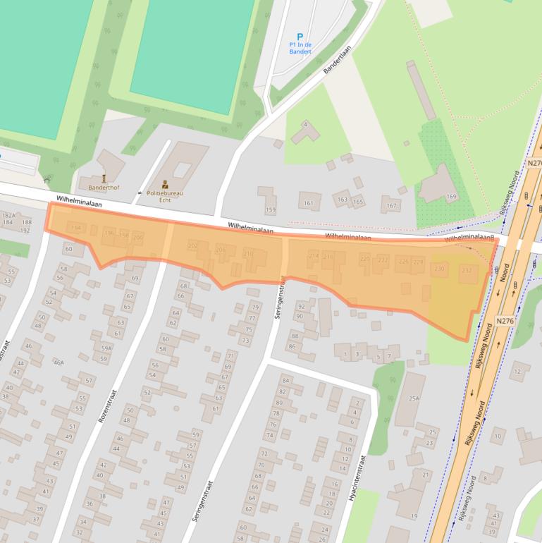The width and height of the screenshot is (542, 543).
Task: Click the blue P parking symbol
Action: (300, 37)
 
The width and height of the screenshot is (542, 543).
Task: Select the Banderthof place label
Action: (104, 188)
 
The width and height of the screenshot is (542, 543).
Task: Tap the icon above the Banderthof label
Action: (104, 178)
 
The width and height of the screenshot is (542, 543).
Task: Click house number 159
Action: (270, 209)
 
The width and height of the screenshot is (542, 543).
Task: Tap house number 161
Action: (308, 204)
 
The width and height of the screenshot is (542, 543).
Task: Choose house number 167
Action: (390, 207)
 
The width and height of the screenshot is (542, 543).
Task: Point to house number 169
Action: (451, 196)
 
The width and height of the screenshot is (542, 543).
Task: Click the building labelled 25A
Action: (414, 398)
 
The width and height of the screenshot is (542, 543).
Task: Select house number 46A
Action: (58, 362)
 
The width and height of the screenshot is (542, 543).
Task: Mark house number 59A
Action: (106, 348)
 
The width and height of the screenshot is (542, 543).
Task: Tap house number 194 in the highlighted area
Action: (76, 228)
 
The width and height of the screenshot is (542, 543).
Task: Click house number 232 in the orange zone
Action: (466, 270)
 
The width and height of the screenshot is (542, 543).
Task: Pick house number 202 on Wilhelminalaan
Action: (193, 245)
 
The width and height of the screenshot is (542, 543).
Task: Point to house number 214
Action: (314, 255)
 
